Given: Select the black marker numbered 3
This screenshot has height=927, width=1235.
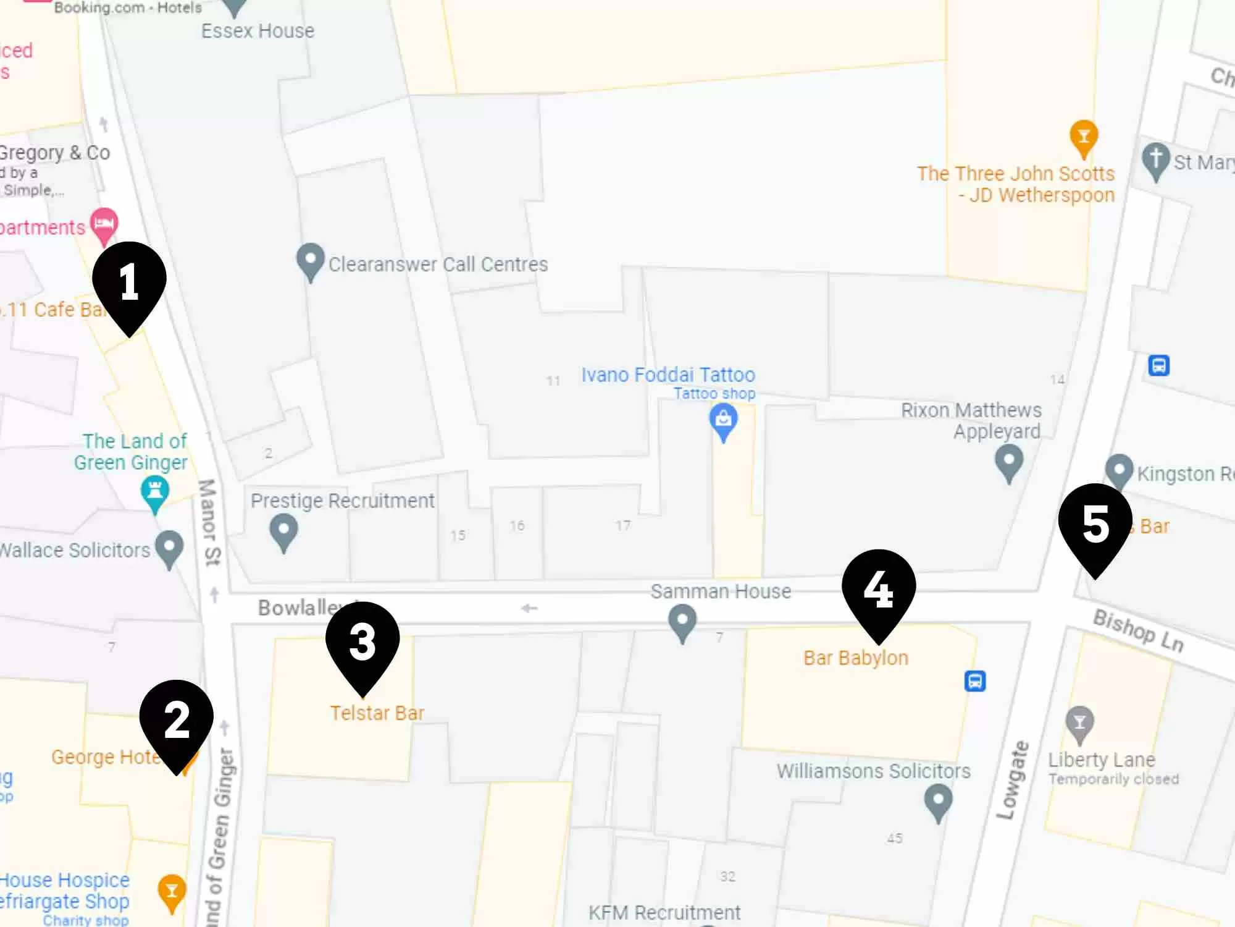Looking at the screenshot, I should tap(362, 642).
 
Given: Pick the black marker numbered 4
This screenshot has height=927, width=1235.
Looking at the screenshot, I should tap(878, 590).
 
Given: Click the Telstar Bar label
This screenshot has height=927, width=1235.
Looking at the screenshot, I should tap(377, 713).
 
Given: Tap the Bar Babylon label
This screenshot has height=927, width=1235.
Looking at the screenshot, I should tap(856, 658).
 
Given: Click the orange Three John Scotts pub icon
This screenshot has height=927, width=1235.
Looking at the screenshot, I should tap(1084, 137).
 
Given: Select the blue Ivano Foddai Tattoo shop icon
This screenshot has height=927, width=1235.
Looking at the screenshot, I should tap(723, 420).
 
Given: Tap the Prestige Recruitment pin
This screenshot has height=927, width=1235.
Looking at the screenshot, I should tap(283, 532).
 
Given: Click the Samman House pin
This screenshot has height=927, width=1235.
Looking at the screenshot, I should tap(682, 621).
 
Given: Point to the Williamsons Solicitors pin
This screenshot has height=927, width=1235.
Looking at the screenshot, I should tap(938, 801).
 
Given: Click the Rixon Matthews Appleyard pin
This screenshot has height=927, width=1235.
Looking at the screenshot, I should tap(1009, 462).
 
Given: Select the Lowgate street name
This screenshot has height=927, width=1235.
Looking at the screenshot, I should tap(1013, 780).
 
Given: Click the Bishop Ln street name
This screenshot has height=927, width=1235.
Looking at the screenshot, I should tap(1138, 630).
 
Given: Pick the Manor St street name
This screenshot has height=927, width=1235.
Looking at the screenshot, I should tap(209, 522).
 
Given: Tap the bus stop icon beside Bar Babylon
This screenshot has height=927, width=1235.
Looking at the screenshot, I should tap(975, 681).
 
